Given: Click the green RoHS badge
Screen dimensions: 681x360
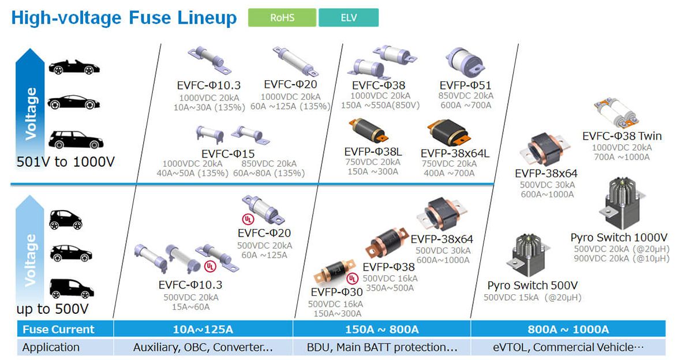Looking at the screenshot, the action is tap(282, 18).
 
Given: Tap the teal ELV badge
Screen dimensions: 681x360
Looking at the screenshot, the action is tap(349, 18).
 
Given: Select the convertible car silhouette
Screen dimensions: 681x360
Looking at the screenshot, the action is tap(74, 67).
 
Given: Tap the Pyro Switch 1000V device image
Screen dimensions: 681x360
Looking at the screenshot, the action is tap(622, 203).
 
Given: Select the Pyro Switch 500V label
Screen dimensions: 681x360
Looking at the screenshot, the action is tap(533, 286).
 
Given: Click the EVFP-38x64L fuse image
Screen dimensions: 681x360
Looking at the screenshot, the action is tap(449, 133).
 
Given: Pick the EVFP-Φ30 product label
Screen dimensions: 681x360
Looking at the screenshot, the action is tap(336, 292).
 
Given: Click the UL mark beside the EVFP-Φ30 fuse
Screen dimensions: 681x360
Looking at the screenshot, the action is tap(352, 278).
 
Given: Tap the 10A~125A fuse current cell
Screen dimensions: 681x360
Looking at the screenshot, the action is tap(203, 329).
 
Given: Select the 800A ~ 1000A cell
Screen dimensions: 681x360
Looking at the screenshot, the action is tap(568, 329).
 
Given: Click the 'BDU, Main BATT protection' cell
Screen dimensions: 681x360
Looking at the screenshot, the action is tap(381, 347).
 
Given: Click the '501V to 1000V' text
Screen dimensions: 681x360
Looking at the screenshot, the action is tap(66, 162).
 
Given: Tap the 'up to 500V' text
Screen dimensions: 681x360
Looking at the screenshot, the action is tap(53, 309).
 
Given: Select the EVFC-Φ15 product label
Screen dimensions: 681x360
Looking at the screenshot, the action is tap(228, 153).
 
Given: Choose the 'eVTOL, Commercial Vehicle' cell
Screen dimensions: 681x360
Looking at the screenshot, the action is tap(568, 347).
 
